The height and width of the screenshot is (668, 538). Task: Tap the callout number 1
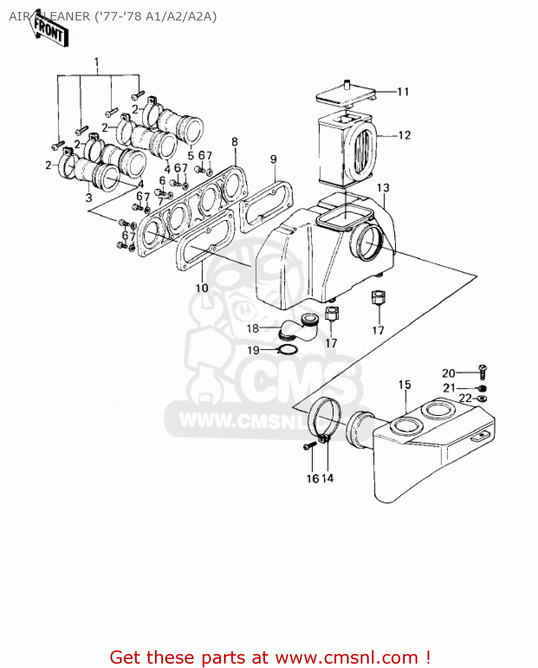pyautogui.click(x=96, y=62)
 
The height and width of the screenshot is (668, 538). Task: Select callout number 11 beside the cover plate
pyautogui.click(x=403, y=92)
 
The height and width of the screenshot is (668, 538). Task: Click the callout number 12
pyautogui.click(x=404, y=135)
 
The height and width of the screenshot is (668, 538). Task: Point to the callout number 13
pyautogui.click(x=383, y=188)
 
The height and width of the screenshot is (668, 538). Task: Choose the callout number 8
pyautogui.click(x=235, y=142)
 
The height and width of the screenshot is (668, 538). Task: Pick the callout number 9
pyautogui.click(x=273, y=159)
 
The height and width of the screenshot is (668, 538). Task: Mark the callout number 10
pyautogui.click(x=202, y=288)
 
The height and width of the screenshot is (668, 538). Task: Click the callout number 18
pyautogui.click(x=253, y=329)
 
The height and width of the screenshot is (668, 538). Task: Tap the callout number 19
pyautogui.click(x=253, y=350)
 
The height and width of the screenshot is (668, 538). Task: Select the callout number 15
pyautogui.click(x=404, y=385)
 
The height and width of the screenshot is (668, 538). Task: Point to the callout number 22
pyautogui.click(x=465, y=398)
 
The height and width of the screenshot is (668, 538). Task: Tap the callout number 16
pyautogui.click(x=312, y=478)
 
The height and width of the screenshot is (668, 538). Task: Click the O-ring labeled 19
pyautogui.click(x=287, y=350)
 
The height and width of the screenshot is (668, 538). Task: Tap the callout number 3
pyautogui.click(x=89, y=197)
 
